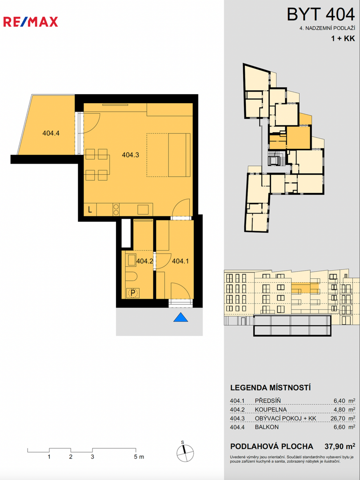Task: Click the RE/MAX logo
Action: (x=30, y=22)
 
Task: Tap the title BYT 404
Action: (x=320, y=14)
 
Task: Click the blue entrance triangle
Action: (x=180, y=317)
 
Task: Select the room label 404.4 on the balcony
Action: (x=51, y=133)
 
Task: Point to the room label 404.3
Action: (x=130, y=155)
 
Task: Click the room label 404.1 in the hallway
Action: (x=180, y=261)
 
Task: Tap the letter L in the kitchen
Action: (x=90, y=210)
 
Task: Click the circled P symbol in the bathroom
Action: (x=133, y=293)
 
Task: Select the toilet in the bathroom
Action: (x=132, y=277)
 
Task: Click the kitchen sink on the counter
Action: (x=143, y=210)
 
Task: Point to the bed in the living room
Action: (x=168, y=155)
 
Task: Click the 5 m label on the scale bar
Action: (x=138, y=457)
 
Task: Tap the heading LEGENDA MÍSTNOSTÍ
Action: (x=270, y=388)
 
